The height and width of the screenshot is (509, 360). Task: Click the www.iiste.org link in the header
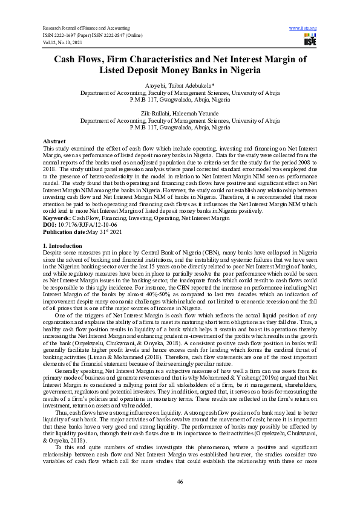tap(303, 28)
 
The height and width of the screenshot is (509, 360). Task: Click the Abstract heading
tap(54, 141)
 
